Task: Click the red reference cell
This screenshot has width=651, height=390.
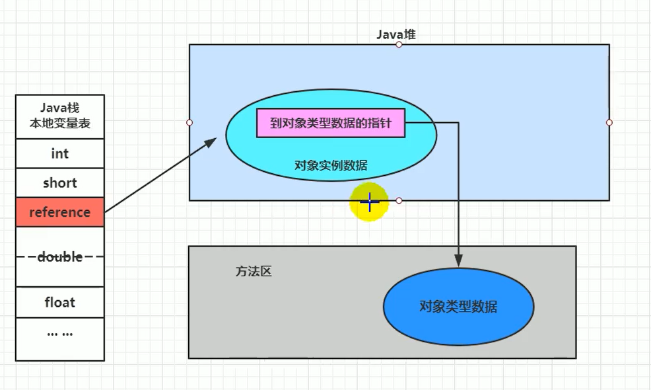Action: (x=59, y=212)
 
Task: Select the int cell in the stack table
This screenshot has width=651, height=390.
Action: (x=59, y=153)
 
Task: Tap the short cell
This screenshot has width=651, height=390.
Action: (x=59, y=183)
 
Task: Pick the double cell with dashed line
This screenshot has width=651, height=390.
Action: (x=59, y=256)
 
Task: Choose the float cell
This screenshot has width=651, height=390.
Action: (x=59, y=303)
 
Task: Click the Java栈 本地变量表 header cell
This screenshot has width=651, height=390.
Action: (x=59, y=116)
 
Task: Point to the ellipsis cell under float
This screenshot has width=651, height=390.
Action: (x=59, y=333)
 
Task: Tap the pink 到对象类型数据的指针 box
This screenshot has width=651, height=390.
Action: (x=330, y=123)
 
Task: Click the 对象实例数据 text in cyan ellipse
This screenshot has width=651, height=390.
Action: (x=331, y=165)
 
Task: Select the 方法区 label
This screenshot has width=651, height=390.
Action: (x=254, y=271)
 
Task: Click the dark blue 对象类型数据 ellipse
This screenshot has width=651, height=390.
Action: (x=458, y=307)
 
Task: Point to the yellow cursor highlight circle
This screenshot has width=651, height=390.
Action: (x=369, y=202)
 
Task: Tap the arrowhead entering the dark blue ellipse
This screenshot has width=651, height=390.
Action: (x=459, y=262)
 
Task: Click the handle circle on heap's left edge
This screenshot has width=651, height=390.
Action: (x=189, y=122)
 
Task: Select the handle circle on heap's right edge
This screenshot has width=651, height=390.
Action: (x=609, y=122)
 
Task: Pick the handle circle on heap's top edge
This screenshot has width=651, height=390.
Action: (x=399, y=44)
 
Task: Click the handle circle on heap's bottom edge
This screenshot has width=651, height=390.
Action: (x=399, y=200)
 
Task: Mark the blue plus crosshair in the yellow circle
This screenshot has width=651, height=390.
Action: (x=369, y=202)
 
